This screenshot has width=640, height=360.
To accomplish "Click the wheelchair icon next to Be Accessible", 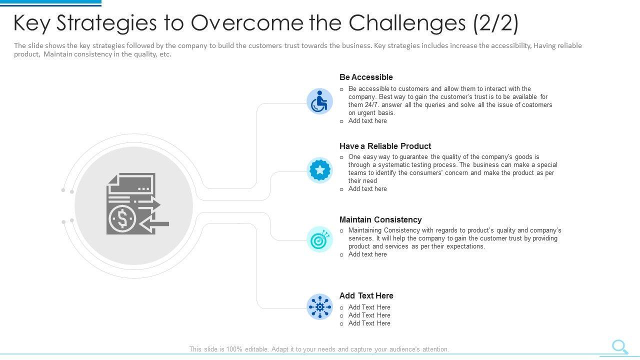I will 319,101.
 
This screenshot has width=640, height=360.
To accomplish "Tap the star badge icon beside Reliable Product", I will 320,170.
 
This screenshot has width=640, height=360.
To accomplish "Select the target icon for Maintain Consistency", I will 319,239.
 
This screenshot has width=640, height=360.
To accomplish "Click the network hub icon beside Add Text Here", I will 319,306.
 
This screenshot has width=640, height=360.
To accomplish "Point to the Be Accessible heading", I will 366,77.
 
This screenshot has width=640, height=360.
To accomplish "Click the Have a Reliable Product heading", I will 385,146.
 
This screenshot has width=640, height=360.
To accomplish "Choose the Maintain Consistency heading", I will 380,219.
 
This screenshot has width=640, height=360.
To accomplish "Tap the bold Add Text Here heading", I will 366,295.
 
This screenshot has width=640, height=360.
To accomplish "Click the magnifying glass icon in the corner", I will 620,346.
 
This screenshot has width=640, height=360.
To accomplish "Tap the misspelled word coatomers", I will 534,105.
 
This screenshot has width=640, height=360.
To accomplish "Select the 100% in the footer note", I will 234,349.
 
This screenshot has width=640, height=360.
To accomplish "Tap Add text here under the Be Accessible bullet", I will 367,121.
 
